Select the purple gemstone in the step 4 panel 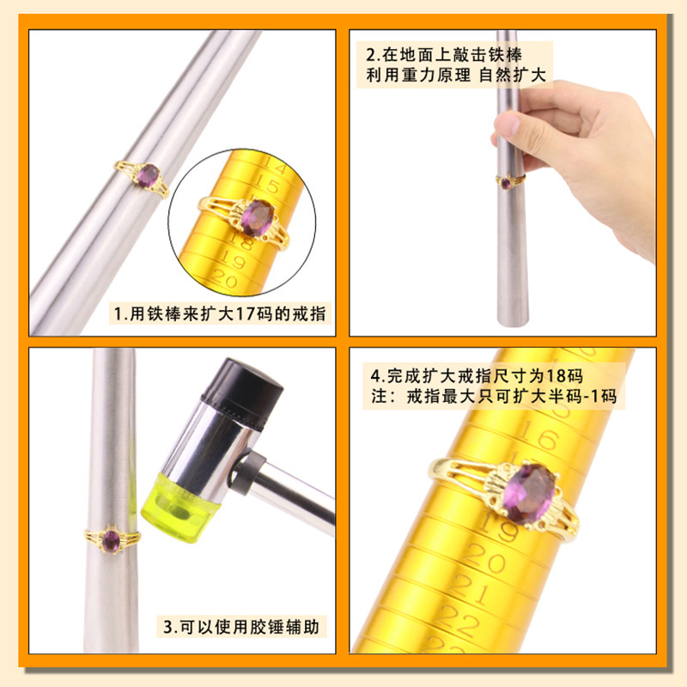(x=529, y=494)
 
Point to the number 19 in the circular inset (x=232, y=258)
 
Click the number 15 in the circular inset (x=265, y=184)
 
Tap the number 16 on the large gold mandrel (x=539, y=435)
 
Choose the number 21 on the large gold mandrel (x=468, y=588)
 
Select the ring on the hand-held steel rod (x=509, y=181)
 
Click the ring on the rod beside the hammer (x=112, y=540)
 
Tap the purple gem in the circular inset (x=258, y=218)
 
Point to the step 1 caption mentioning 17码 (x=220, y=313)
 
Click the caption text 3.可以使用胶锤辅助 (x=241, y=627)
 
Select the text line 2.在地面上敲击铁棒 (x=444, y=55)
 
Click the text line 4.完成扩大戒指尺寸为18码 (x=477, y=376)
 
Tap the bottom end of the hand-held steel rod (x=513, y=324)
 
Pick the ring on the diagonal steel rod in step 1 (x=143, y=178)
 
